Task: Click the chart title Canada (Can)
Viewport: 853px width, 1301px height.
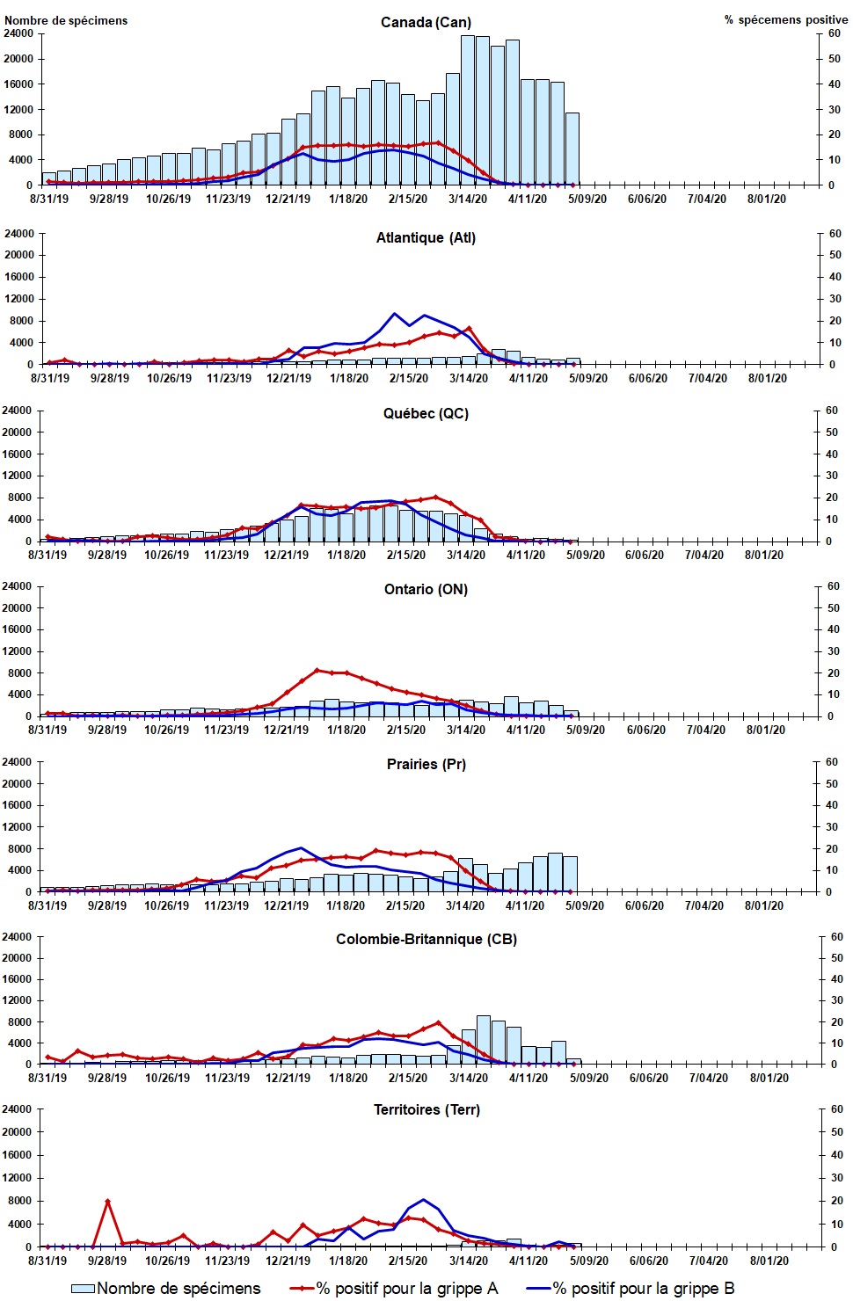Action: coord(426,22)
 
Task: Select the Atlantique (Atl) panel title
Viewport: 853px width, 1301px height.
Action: coord(426,237)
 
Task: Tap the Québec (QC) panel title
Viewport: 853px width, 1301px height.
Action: coord(426,413)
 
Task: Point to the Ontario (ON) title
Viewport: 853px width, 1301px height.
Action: coord(426,589)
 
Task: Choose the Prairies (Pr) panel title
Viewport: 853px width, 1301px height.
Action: coord(426,764)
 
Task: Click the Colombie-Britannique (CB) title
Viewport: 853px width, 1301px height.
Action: coord(426,939)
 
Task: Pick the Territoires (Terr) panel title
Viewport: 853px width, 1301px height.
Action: coord(426,1109)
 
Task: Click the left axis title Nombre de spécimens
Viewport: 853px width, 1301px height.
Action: coord(66,20)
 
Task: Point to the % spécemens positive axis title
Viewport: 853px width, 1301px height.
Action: coord(785,19)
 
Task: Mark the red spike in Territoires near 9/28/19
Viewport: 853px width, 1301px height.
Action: coord(107,1201)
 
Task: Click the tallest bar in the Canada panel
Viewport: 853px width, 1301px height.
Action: coord(468,110)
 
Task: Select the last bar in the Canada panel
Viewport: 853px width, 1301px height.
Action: coord(572,149)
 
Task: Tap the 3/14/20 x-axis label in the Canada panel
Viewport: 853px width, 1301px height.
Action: coord(468,199)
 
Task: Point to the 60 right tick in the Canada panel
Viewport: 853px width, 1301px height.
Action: coord(834,33)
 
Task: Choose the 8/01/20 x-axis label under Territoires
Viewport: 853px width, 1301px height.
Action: coord(769,1261)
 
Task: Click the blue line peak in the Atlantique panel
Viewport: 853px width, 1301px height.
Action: coord(395,314)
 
